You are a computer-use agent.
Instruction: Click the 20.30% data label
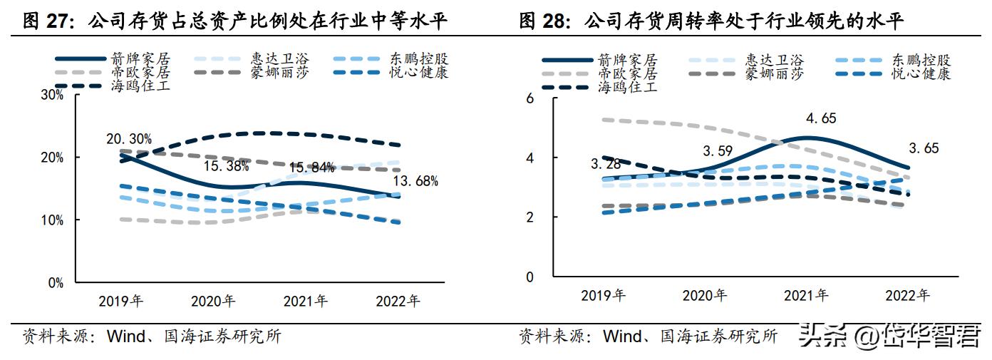pos(128,140)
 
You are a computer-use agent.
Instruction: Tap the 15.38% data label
pos(226,168)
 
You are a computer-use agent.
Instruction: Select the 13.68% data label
pos(415,181)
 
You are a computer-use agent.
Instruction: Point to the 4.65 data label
pos(800,118)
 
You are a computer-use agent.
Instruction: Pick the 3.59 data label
pos(718,151)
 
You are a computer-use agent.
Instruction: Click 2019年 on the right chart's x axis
pos(603,294)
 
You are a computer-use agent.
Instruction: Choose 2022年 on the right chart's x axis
pos(907,294)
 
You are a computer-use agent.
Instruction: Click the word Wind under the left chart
pos(125,336)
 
